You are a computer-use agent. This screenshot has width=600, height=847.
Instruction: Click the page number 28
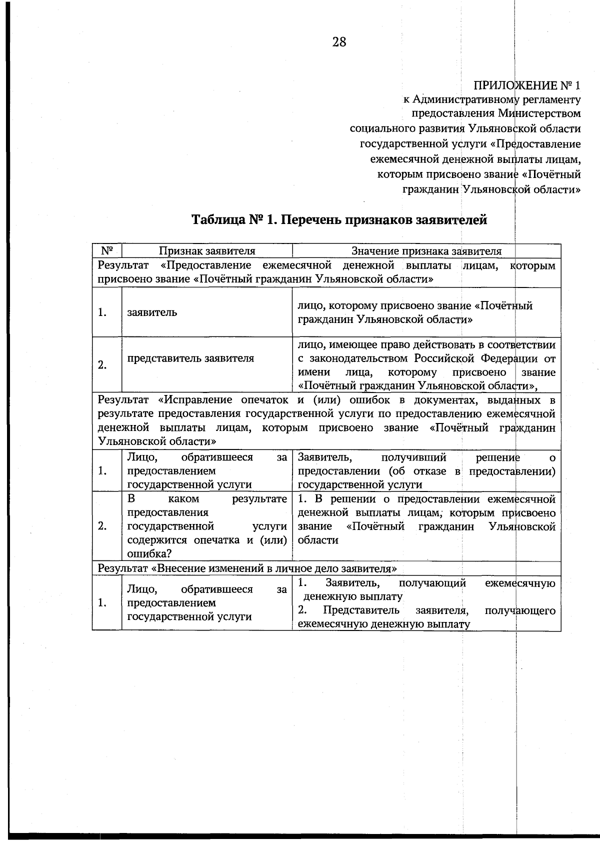[x=338, y=42]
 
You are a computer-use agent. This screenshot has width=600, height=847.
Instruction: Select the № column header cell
[x=106, y=250]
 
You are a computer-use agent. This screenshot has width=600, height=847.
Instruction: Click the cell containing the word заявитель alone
[x=152, y=312]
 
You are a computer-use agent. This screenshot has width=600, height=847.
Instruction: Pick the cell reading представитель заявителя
[x=190, y=358]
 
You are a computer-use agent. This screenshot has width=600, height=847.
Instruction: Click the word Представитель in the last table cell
[x=361, y=610]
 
